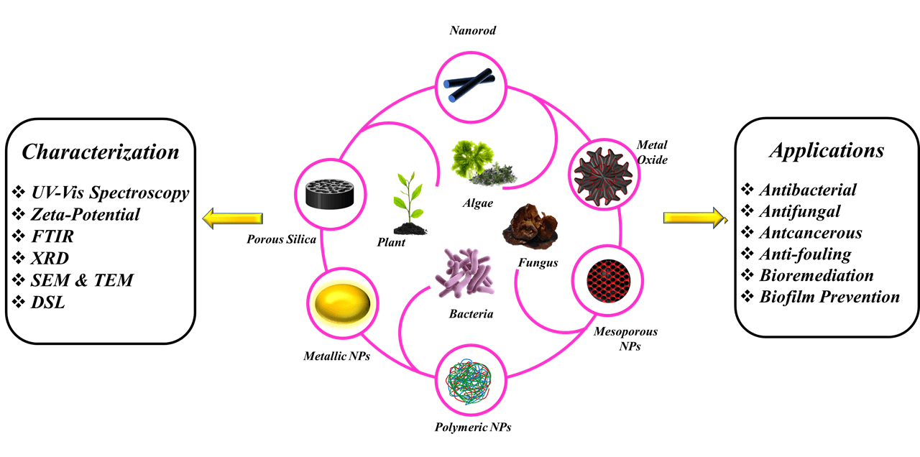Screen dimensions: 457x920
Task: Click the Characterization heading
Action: tap(100, 152)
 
